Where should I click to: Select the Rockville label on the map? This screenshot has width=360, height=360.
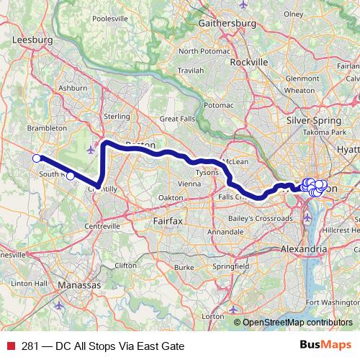point(248,62)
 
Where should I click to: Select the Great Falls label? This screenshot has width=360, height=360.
point(177,119)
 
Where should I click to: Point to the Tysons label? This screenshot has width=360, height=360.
point(207,174)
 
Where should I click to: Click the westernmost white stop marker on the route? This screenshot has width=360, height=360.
point(36,158)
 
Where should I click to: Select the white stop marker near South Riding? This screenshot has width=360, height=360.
point(70,176)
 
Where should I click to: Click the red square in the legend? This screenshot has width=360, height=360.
point(11,346)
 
